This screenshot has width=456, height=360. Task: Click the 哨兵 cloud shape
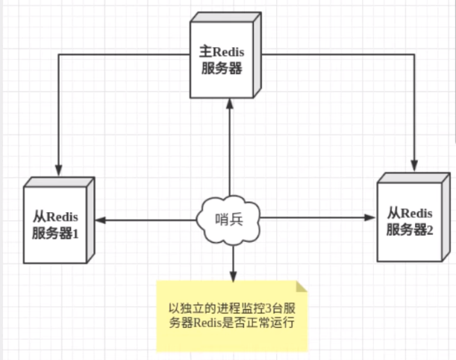coord(229,219)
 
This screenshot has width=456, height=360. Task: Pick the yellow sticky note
coord(232,316)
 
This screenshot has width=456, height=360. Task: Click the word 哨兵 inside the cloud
coord(229,219)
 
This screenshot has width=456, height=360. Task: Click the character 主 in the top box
coord(207,52)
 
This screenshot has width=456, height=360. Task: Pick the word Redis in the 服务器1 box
coord(62,216)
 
